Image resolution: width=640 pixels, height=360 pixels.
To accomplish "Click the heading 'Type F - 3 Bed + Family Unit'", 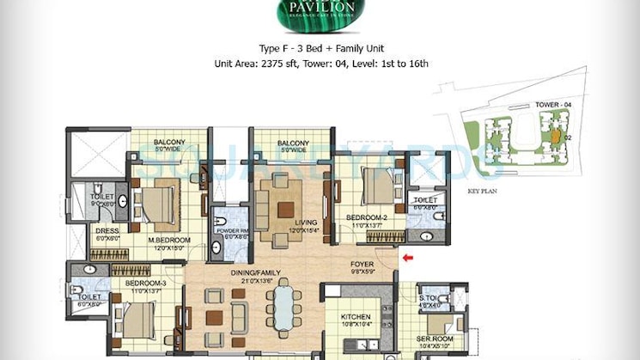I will (x=320, y=49).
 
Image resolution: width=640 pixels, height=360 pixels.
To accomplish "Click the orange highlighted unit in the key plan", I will (x=556, y=136).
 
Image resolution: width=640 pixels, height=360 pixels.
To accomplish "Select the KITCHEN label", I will (x=355, y=317).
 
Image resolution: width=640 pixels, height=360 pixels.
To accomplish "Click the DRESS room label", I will (x=107, y=230).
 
